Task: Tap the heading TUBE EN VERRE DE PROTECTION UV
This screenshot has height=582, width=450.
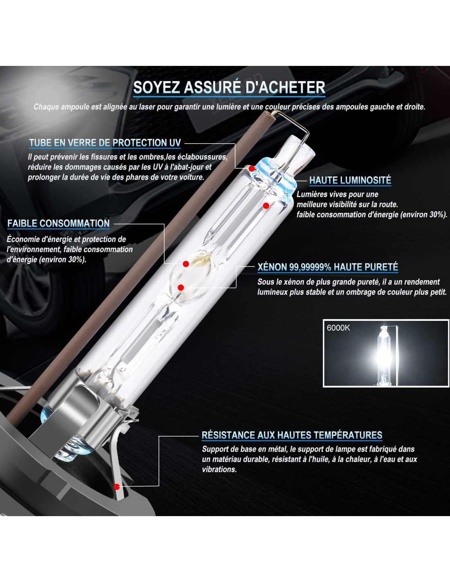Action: click(x=105, y=143)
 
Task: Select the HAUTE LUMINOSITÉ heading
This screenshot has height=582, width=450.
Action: click(x=350, y=180)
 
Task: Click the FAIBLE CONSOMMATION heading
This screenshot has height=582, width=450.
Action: click(x=59, y=223)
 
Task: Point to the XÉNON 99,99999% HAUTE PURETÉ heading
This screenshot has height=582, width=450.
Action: click(x=328, y=267)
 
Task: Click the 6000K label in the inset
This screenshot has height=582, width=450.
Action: click(x=338, y=328)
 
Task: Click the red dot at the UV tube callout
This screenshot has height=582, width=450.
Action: click(x=251, y=169)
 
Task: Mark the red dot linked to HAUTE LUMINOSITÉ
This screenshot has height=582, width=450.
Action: click(x=266, y=206)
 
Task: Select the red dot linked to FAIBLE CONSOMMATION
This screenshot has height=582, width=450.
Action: click(x=186, y=264)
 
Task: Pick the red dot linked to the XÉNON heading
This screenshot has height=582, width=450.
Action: click(x=181, y=288)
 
